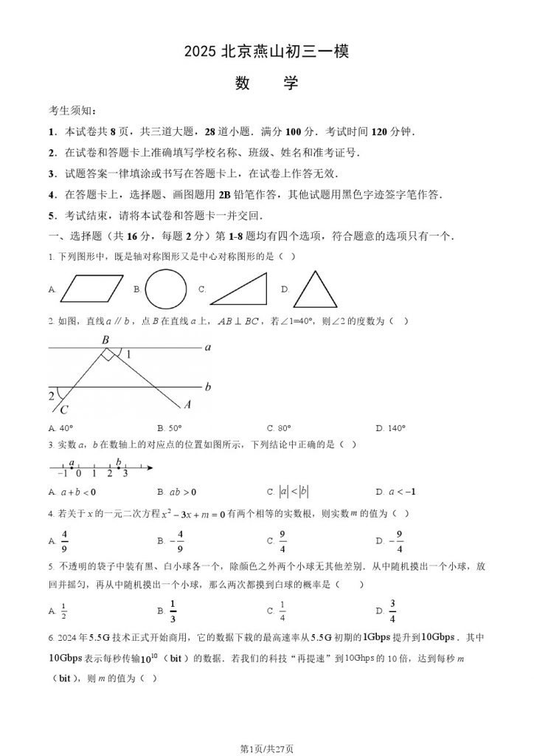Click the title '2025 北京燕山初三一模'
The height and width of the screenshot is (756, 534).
click(266, 52)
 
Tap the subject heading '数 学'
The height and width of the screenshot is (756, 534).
click(266, 83)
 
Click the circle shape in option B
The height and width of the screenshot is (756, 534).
click(166, 289)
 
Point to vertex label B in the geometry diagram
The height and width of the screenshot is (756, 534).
click(105, 340)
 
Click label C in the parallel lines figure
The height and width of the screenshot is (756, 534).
click(63, 410)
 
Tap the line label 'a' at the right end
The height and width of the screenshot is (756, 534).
click(208, 346)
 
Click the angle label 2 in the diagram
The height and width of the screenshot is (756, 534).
click(52, 396)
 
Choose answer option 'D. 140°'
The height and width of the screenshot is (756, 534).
click(390, 428)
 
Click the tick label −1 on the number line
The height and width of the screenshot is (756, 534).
click(62, 473)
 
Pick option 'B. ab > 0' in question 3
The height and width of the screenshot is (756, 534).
click(176, 492)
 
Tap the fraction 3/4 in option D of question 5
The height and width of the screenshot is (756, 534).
click(392, 610)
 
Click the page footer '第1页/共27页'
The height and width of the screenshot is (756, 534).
click(266, 748)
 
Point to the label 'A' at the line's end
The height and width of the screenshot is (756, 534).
click(187, 404)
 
